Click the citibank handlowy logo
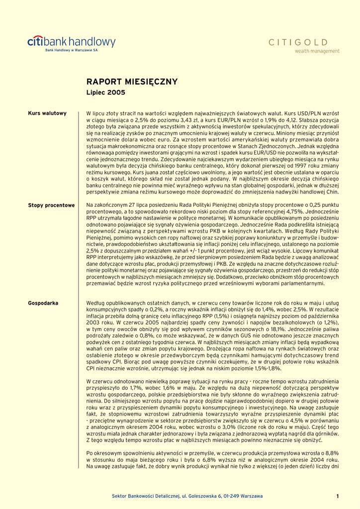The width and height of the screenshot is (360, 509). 71,42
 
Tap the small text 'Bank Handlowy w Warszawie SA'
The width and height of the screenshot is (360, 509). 72,51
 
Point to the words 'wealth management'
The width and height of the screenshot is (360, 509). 317,51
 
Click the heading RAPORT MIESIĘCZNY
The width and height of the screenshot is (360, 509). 132,82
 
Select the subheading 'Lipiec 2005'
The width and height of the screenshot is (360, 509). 106,92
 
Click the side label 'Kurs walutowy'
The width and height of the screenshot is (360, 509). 47,113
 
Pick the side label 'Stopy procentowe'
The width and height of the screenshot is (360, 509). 51,205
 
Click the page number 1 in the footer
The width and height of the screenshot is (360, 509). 337,496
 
